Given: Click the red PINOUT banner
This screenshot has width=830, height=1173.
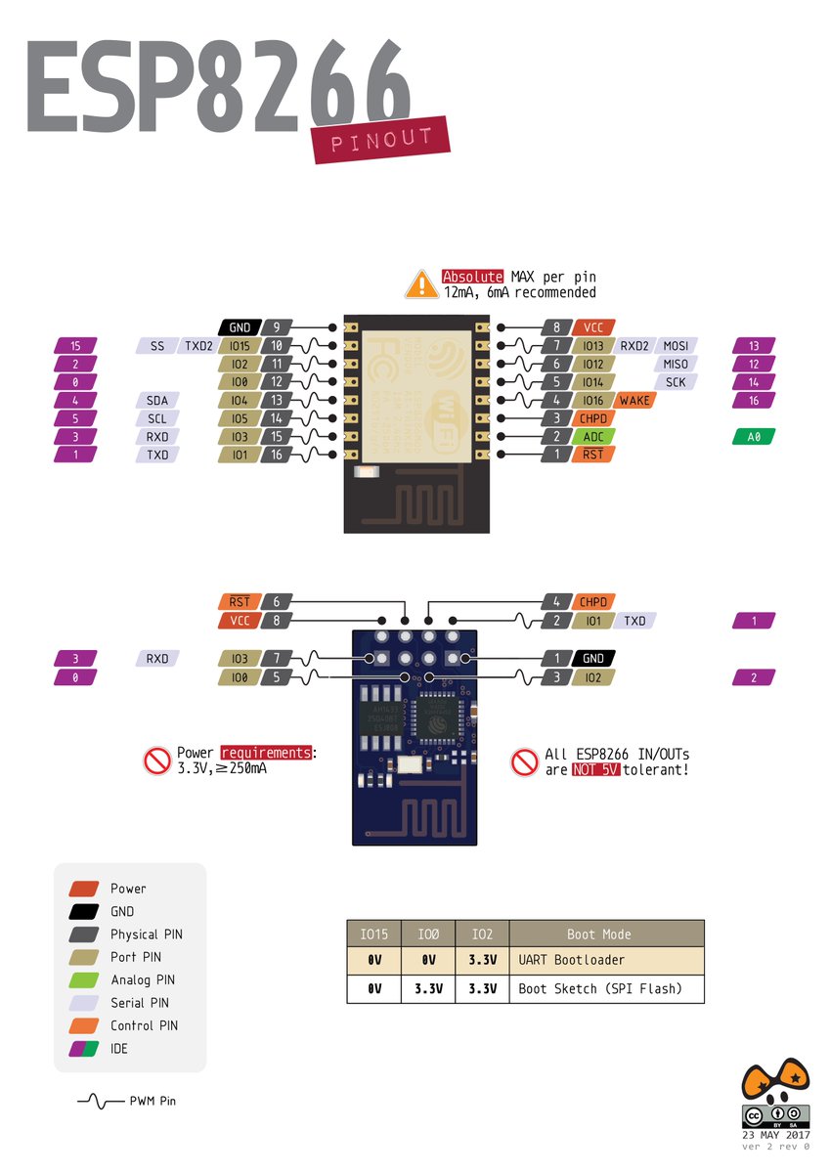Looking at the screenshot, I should (380, 140).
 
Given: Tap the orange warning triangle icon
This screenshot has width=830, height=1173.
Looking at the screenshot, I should (421, 284).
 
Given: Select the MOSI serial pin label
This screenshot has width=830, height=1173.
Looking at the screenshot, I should (675, 345).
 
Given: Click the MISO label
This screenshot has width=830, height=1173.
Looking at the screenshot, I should (675, 364).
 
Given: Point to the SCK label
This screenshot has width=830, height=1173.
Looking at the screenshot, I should (675, 382).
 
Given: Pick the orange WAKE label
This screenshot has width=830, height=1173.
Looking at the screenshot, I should (634, 401).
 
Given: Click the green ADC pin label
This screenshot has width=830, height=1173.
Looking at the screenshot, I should (592, 437).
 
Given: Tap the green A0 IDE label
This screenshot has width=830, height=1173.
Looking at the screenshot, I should (753, 437).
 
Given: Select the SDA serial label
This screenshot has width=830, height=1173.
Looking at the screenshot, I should (156, 401).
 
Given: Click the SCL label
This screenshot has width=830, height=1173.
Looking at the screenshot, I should (156, 418).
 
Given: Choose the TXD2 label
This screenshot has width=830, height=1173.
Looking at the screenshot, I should (198, 345).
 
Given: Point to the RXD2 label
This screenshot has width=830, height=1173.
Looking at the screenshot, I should (634, 345).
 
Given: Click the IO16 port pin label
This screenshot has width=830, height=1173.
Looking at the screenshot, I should (592, 401).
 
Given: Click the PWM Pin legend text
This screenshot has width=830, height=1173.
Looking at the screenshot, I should (153, 1101).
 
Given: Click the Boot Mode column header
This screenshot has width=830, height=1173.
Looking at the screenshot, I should (606, 934).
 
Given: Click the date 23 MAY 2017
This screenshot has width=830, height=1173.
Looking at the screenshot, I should (776, 1135).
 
